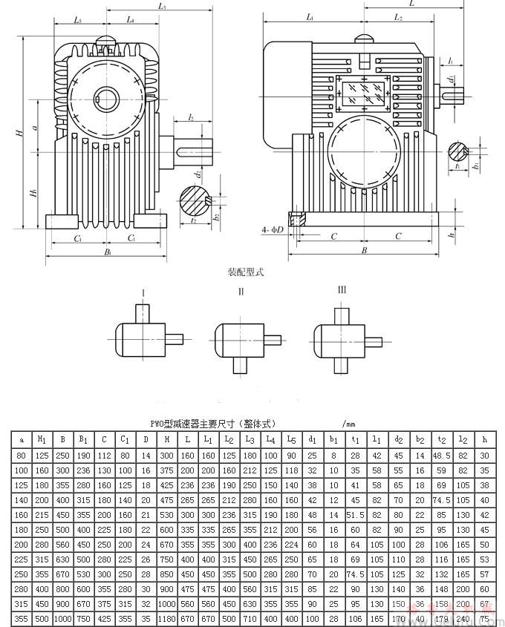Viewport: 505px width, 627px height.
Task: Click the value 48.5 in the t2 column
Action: click(443, 454)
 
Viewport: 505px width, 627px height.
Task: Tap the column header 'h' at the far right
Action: click(485, 439)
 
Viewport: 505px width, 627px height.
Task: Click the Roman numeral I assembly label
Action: click(143, 292)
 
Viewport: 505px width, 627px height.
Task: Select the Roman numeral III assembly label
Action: click(342, 289)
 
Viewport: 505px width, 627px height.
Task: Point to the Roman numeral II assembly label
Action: click(241, 292)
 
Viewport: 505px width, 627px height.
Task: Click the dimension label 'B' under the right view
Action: click(364, 250)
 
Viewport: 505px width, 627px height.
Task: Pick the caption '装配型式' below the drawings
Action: click(245, 272)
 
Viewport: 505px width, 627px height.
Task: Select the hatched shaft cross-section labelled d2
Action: click(194, 199)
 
